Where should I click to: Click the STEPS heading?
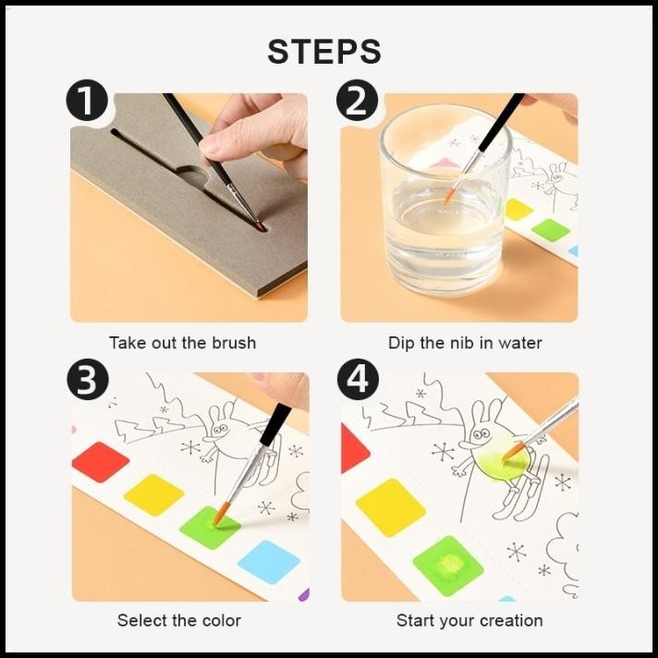click(324, 52)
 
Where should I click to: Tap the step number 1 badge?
click(87, 101)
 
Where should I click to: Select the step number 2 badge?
click(357, 101)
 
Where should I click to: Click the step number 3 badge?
click(87, 380)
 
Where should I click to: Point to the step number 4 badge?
click(358, 380)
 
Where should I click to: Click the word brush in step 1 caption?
click(234, 343)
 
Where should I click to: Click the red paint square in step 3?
click(101, 461)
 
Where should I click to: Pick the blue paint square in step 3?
click(269, 562)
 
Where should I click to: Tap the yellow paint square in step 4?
click(391, 507)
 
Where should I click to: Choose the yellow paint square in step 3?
click(154, 494)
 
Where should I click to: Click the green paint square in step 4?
click(448, 566)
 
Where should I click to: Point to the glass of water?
click(445, 201)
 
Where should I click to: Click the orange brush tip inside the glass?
click(449, 196)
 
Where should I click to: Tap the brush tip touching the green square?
click(220, 515)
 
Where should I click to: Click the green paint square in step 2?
click(551, 230)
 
